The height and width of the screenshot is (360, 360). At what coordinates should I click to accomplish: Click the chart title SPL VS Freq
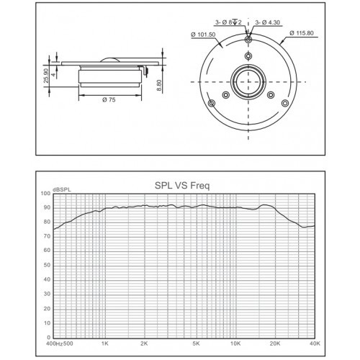[182, 186]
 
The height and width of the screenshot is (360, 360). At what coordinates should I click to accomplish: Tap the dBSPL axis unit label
[62, 189]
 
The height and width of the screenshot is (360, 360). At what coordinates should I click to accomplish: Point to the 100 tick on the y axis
[45, 193]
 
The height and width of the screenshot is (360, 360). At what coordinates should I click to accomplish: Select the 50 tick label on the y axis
[47, 265]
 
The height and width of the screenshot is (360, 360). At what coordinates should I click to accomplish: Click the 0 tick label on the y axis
[49, 338]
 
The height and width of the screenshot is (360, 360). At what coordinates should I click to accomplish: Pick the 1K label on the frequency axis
[105, 343]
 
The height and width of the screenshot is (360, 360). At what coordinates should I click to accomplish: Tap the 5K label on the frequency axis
[196, 343]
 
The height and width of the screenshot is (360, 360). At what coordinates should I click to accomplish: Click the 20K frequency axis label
[275, 343]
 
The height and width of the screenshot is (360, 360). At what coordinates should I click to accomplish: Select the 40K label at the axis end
[315, 343]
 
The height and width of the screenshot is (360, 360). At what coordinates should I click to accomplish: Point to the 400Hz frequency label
[54, 343]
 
